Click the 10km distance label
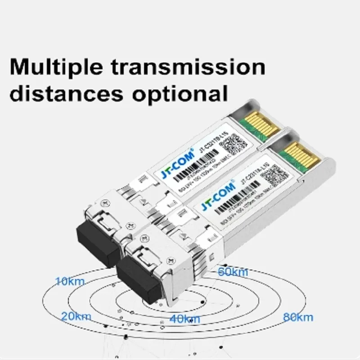(x=69, y=282)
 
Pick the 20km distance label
(x=76, y=316)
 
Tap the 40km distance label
(x=184, y=319)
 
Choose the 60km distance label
(x=233, y=272)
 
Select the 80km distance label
(x=298, y=317)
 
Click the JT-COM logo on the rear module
(x=178, y=163)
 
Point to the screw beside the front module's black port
(x=170, y=261)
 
